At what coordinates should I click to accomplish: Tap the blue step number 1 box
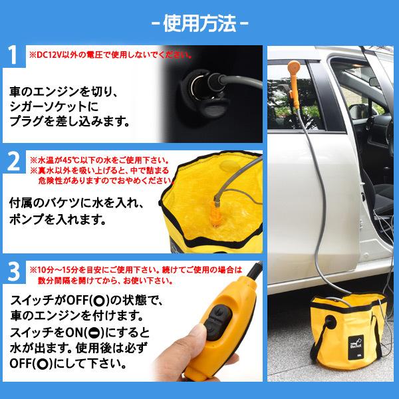(15, 57)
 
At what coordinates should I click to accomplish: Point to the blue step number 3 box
(15, 271)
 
